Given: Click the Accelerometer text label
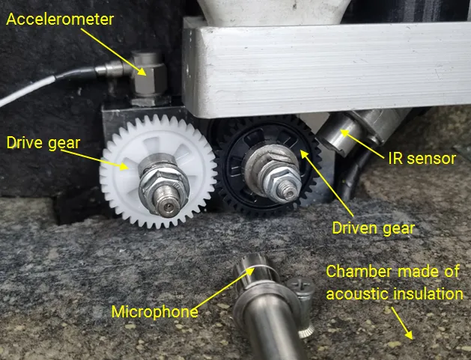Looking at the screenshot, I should (60, 19).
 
